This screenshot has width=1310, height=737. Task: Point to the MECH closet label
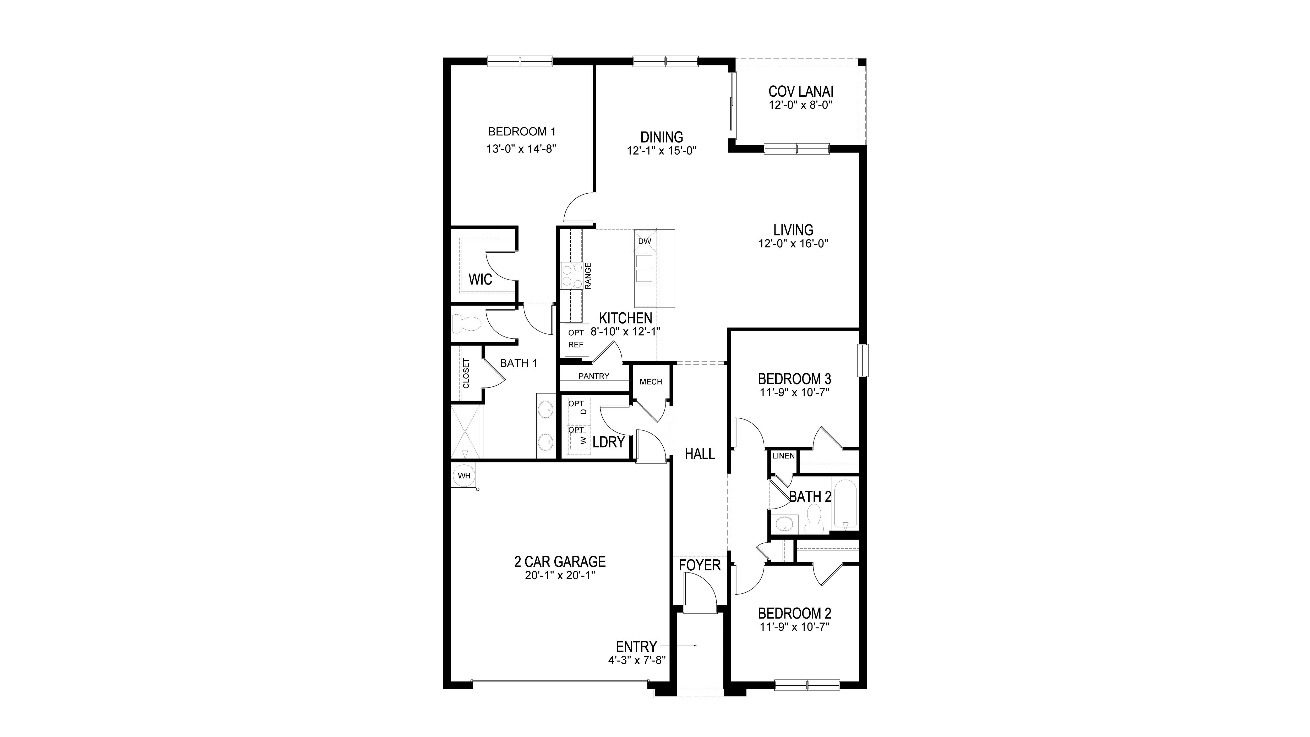651,381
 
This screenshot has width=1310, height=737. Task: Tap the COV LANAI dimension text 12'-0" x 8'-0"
800,105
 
